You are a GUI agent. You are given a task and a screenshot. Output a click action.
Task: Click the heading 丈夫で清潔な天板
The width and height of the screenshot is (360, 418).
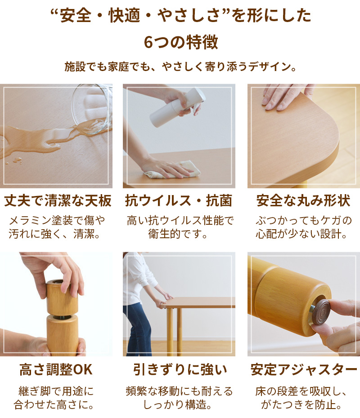58,200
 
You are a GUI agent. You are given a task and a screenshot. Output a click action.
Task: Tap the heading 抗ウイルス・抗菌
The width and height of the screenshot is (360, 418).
179,200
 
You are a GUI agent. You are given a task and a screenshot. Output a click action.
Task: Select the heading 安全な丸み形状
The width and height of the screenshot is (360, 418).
303,200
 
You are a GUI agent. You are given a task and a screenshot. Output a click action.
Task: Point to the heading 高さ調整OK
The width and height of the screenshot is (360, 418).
56,369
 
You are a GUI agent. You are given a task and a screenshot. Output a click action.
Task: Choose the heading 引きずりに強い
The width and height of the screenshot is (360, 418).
180,369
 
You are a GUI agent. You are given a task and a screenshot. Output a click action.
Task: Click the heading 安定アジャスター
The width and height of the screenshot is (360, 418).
304,369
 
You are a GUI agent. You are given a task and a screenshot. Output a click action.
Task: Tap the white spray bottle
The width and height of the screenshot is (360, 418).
177,107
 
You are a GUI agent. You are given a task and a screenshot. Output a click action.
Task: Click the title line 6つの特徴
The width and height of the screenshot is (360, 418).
180,42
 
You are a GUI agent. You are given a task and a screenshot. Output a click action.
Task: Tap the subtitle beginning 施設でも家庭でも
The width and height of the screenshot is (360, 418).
180,67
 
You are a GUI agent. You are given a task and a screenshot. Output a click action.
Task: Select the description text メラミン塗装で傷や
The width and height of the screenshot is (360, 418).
57,220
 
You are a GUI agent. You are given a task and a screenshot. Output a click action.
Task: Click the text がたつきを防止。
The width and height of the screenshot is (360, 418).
301,405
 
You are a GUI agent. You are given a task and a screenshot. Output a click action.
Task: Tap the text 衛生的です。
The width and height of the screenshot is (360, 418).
178,234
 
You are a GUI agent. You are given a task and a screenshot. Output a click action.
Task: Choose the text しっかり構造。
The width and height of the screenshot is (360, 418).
178,405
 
